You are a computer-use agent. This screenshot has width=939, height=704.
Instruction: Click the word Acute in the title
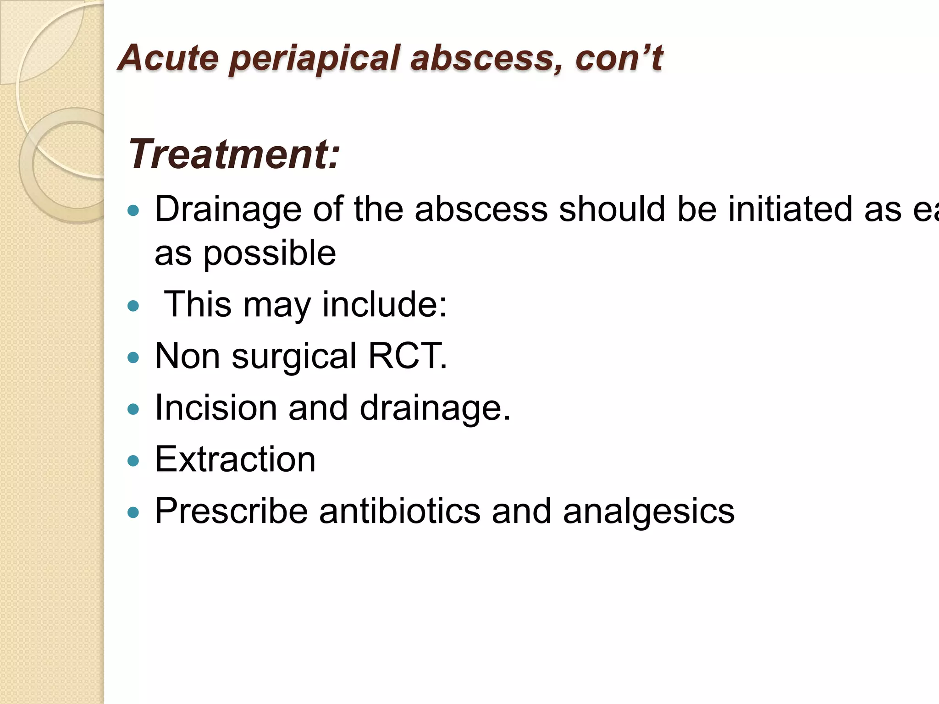click(x=168, y=58)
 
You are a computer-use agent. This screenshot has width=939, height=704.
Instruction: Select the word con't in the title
click(x=619, y=58)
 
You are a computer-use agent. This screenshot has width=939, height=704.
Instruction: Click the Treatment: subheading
click(x=234, y=154)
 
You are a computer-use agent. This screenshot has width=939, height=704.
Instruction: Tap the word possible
click(x=270, y=253)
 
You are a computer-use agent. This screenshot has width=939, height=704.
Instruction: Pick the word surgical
click(x=294, y=357)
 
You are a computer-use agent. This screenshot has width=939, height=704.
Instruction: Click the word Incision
click(x=216, y=407)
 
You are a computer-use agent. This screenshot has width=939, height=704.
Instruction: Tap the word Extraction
click(x=235, y=459)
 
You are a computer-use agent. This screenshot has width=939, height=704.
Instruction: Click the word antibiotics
click(x=400, y=511)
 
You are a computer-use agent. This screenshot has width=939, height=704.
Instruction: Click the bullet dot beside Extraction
click(x=133, y=461)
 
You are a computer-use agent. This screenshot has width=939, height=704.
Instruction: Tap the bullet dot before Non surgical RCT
click(x=133, y=357)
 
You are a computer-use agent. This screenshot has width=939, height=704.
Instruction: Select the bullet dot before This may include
click(x=133, y=306)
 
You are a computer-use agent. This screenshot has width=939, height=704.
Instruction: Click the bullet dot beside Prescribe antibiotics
click(x=133, y=512)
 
